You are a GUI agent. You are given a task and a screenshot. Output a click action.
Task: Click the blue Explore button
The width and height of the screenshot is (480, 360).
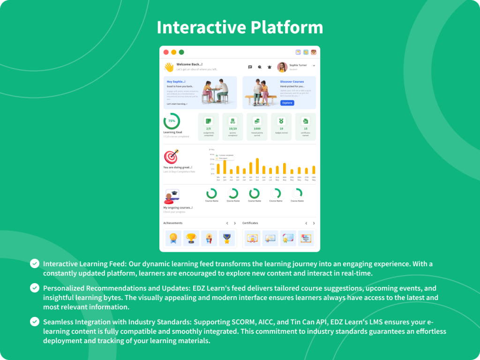click(x=287, y=103)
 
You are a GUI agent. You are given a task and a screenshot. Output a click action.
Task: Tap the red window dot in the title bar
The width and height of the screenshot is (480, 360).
click(x=166, y=52)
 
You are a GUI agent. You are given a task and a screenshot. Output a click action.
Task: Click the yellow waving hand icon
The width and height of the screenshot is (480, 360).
click(x=169, y=67)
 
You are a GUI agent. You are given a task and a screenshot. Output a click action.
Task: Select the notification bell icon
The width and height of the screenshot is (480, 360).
click(x=270, y=67)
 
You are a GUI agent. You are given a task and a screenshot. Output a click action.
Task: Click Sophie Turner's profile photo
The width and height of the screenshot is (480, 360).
click(x=282, y=67)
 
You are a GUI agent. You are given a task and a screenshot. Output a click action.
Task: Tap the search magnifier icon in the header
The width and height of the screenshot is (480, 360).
click(x=260, y=67)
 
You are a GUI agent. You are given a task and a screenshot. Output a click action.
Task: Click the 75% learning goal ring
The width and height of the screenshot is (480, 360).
click(x=172, y=121)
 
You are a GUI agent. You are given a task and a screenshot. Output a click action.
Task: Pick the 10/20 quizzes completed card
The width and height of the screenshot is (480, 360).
click(x=232, y=127)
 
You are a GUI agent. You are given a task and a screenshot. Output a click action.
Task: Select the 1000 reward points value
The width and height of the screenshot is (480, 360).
click(x=257, y=128)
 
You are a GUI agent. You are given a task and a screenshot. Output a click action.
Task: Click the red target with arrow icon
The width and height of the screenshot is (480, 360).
click(x=171, y=156)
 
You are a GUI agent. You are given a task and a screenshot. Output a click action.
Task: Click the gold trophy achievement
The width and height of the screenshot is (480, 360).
click(x=191, y=238)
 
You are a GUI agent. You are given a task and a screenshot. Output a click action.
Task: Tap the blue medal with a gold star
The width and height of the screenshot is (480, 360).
click(x=227, y=238)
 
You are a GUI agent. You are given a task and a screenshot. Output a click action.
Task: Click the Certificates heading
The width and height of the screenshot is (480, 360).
click(x=250, y=223)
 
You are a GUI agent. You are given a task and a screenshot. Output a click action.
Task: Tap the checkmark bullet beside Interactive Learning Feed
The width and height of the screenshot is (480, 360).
click(x=35, y=263)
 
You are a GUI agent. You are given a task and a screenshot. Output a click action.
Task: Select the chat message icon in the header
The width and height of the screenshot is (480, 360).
click(x=250, y=67)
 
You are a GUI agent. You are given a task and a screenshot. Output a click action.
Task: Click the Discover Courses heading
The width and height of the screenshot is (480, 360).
click(x=292, y=82)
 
